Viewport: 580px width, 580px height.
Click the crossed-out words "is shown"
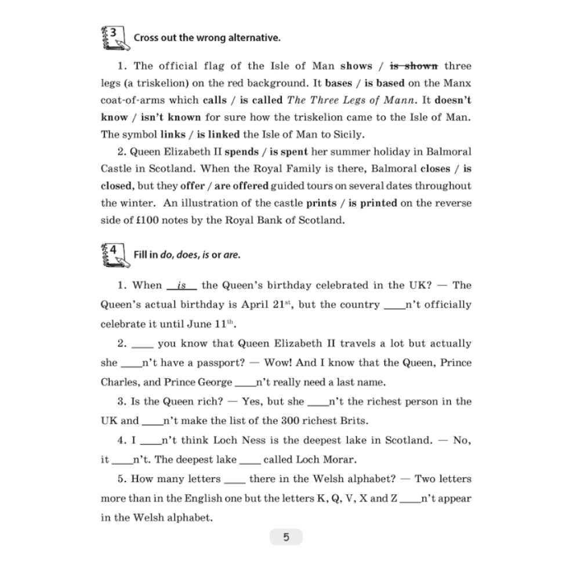(414, 66)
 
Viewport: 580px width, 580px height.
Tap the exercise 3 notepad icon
(114, 37)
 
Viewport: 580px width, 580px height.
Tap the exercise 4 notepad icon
(114, 254)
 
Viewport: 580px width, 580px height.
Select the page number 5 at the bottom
(286, 537)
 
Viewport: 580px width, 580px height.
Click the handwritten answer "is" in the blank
(182, 285)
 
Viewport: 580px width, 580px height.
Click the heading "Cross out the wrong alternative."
(207, 38)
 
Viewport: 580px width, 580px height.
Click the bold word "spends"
(241, 152)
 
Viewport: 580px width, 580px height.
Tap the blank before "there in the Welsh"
(235, 480)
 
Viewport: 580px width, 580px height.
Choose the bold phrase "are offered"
(242, 186)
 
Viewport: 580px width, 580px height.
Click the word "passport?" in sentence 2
(222, 363)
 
